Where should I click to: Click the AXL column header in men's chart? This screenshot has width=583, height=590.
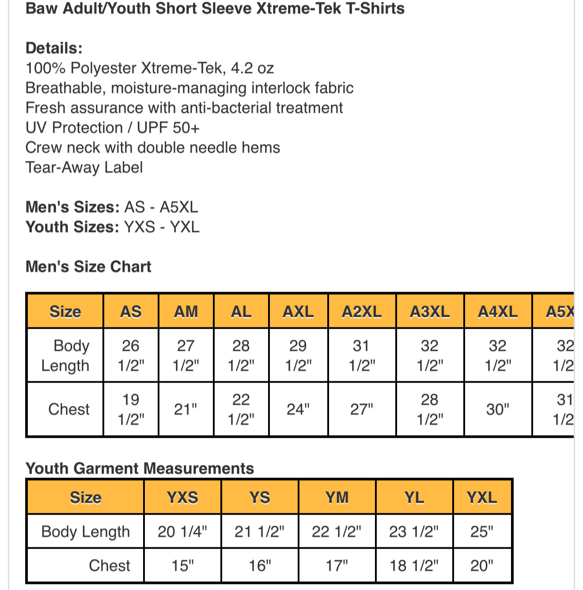pyautogui.click(x=298, y=312)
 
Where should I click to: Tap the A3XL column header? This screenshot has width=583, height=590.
pyautogui.click(x=430, y=312)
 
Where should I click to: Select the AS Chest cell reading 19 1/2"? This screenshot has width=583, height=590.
pyautogui.click(x=131, y=409)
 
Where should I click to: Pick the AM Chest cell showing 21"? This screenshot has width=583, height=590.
pyautogui.click(x=185, y=409)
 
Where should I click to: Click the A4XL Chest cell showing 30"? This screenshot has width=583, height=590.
pyautogui.click(x=498, y=409)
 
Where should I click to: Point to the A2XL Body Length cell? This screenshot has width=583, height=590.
pyautogui.click(x=362, y=356)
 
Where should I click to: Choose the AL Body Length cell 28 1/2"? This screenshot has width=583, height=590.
pyautogui.click(x=241, y=356)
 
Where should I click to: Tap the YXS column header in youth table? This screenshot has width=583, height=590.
pyautogui.click(x=182, y=498)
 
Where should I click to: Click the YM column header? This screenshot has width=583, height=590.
pyautogui.click(x=337, y=498)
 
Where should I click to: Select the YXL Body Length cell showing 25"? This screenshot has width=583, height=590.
pyautogui.click(x=482, y=531)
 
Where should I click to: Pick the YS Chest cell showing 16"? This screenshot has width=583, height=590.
pyautogui.click(x=260, y=565)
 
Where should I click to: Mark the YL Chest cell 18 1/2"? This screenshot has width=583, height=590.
pyautogui.click(x=414, y=565)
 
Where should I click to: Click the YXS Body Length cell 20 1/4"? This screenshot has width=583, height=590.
pyautogui.click(x=182, y=531)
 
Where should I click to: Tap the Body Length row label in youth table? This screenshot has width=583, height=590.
pyautogui.click(x=86, y=531)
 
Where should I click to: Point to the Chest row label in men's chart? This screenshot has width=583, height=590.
pyautogui.click(x=69, y=409)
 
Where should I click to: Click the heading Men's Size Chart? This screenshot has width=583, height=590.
pyautogui.click(x=88, y=267)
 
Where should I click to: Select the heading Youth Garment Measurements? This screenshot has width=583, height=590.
pyautogui.click(x=140, y=468)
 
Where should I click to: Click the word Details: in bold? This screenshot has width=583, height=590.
pyautogui.click(x=54, y=48)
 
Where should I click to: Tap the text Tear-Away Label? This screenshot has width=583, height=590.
pyautogui.click(x=84, y=167)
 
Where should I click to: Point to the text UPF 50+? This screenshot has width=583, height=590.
pyautogui.click(x=168, y=128)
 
